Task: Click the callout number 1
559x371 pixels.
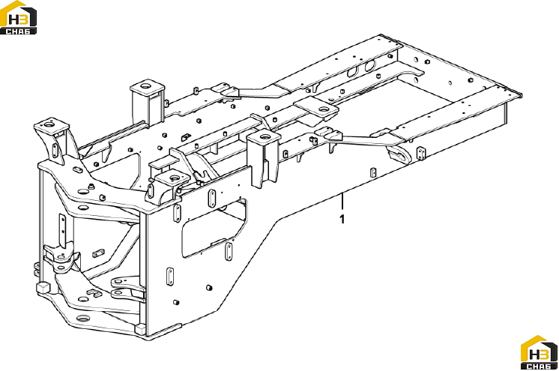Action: pos(342,219)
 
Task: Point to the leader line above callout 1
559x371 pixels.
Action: pos(342,202)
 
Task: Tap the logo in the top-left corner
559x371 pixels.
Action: pos(18,17)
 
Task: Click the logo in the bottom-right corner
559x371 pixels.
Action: pos(539,352)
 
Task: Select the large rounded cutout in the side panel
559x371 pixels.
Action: pos(214,229)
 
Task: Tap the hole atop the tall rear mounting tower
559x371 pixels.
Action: pos(145,85)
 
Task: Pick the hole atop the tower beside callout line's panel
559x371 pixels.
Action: pos(265,136)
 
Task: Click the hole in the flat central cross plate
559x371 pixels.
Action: pos(324,109)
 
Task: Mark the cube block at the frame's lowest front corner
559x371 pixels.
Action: pos(140,328)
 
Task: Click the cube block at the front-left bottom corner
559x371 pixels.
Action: pos(43,288)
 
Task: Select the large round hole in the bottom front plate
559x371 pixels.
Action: pos(83,319)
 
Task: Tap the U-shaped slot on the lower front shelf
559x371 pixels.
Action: pos(94,293)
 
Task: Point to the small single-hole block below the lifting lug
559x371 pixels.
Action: pos(373,172)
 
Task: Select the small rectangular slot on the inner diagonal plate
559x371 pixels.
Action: pos(98,253)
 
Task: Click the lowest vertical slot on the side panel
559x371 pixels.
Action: pos(170,277)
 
